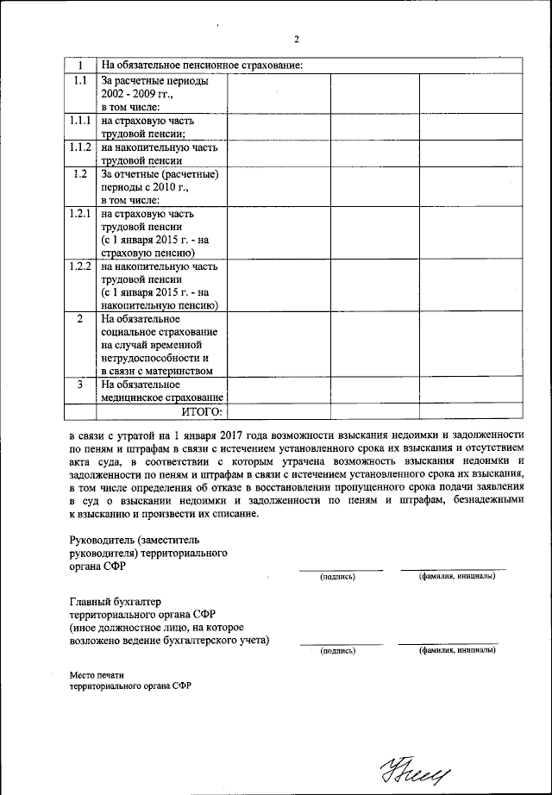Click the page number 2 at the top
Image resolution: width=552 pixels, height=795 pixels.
296,40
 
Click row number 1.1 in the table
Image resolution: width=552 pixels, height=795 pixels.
81,81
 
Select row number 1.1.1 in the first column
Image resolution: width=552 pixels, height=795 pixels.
81,122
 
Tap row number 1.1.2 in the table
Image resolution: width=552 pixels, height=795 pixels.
81,148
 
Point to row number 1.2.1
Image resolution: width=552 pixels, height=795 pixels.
81,213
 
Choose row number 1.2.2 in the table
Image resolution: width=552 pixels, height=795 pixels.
81,266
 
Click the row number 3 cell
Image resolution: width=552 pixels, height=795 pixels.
81,385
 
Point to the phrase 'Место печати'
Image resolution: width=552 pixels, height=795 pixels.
97,674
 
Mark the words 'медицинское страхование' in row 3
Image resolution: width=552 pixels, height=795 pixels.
161,397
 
